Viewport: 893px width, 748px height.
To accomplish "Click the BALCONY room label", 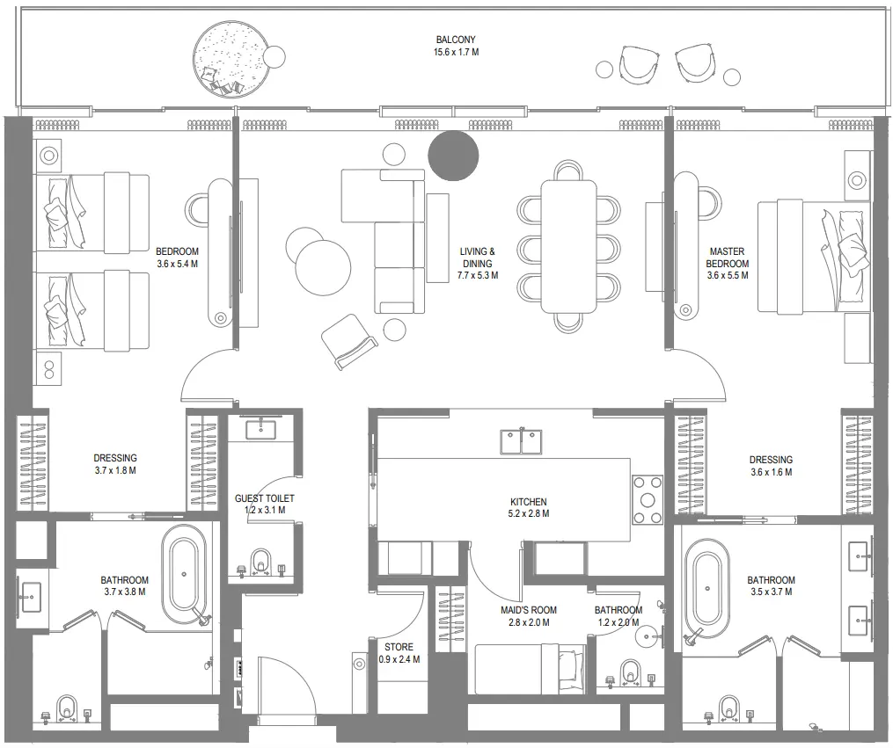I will point(456,40).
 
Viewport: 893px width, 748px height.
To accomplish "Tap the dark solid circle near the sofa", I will point(453,155).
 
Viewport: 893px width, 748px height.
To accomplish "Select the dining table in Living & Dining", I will point(568,246).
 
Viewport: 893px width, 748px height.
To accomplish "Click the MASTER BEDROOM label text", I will point(728,258).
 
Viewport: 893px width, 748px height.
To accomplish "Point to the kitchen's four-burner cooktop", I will point(648,499).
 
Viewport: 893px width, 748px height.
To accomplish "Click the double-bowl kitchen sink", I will point(521,441).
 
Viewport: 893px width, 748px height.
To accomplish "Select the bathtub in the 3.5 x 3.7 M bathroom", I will point(707,587).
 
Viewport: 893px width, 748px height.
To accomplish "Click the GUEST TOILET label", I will point(264,498).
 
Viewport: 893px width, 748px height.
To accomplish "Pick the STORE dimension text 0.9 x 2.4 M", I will point(399,659).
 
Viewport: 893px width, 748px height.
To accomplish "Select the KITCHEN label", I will point(529,502).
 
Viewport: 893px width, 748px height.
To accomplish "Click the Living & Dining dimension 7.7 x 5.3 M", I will point(478,275).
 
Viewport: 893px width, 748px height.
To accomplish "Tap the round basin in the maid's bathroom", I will point(650,635).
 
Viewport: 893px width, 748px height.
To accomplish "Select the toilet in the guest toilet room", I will point(260,561).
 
